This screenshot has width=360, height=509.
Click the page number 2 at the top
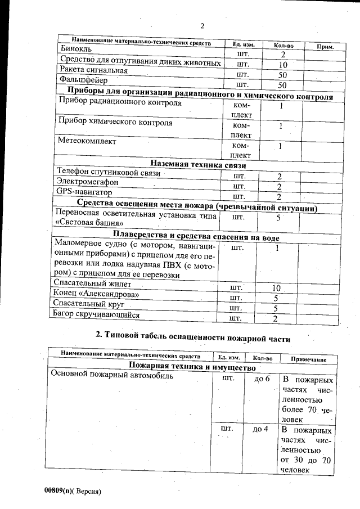[x=202, y=25]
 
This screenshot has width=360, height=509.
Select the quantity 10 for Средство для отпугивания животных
[x=283, y=65]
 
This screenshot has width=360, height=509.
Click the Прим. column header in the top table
[x=326, y=47]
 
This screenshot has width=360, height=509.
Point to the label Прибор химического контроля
[x=115, y=122]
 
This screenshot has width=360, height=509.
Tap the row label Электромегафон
[x=87, y=182]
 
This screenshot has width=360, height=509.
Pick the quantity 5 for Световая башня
[x=278, y=218]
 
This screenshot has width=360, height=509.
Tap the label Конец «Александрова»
[x=96, y=294]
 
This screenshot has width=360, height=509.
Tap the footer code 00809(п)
[x=57, y=490]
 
